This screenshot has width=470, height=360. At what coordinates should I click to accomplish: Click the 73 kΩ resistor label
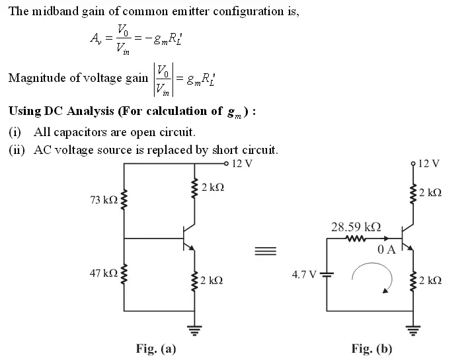[x=103, y=200]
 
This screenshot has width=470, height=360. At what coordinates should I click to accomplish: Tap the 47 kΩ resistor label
[x=103, y=273]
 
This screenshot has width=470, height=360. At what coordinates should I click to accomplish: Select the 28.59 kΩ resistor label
[x=356, y=227]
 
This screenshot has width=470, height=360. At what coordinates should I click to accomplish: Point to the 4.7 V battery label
[x=304, y=273]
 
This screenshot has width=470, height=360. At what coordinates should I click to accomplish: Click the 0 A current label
[x=386, y=250]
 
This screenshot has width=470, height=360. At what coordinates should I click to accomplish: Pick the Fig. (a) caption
[x=156, y=348]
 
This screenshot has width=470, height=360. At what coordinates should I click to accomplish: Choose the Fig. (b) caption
[x=372, y=348]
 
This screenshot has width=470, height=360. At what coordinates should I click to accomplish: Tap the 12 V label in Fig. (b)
[x=429, y=162]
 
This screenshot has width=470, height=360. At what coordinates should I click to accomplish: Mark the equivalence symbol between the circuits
[x=265, y=250]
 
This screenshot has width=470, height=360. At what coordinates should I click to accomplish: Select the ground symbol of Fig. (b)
[x=412, y=328]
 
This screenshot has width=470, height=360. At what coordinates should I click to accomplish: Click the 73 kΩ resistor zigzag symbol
[x=124, y=200]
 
